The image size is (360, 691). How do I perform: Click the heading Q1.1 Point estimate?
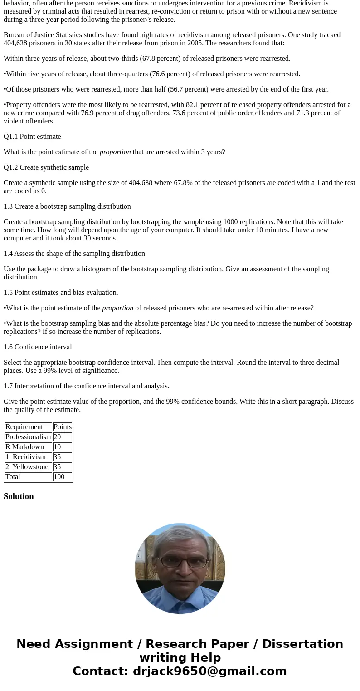(x=32, y=137)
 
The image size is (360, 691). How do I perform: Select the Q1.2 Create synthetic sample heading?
(x=46, y=167)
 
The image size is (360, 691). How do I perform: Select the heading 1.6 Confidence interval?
(x=38, y=347)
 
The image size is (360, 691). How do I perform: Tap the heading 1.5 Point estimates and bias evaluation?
(x=61, y=293)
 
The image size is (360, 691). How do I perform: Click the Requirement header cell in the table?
(x=24, y=427)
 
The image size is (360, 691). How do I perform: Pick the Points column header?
(x=63, y=427)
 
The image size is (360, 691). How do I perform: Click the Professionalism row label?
(x=28, y=437)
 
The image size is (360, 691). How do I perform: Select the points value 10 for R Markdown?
(x=57, y=447)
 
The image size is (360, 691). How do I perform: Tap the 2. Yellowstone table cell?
(x=27, y=467)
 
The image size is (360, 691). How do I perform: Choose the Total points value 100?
(x=59, y=477)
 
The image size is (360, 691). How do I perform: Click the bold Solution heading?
(x=19, y=496)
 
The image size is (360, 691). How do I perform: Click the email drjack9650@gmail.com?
(x=209, y=671)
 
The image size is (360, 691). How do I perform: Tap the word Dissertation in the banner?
(x=302, y=644)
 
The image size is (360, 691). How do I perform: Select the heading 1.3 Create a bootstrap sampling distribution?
(x=67, y=206)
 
